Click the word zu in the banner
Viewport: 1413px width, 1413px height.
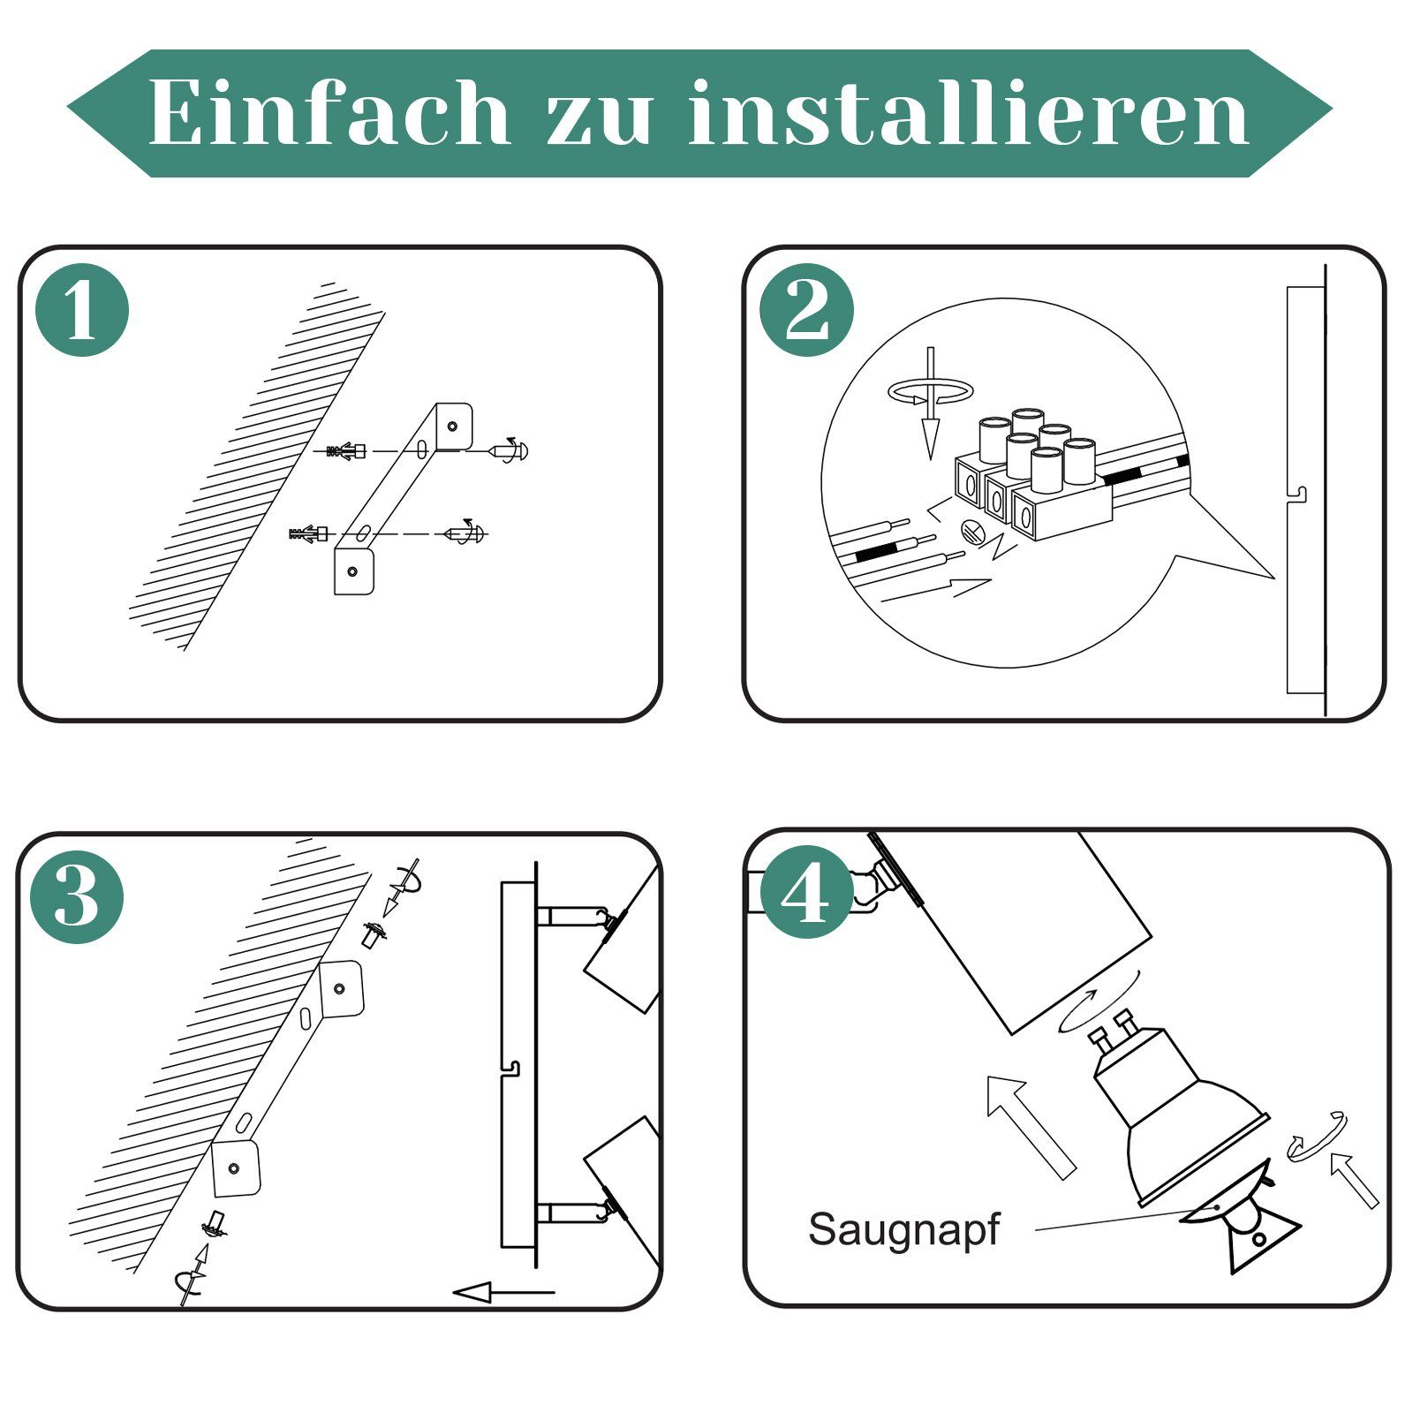tap(600, 120)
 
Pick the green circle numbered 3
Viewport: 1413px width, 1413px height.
tap(77, 896)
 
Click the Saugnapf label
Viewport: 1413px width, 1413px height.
tap(903, 1230)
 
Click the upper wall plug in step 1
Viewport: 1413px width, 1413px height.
tap(346, 451)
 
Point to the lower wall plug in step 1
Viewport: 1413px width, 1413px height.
tap(309, 533)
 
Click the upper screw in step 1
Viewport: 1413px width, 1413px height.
tap(510, 450)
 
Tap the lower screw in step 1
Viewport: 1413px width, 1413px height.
tap(465, 533)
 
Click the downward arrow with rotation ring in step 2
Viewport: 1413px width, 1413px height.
tap(930, 402)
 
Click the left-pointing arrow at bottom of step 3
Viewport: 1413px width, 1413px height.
tap(504, 1293)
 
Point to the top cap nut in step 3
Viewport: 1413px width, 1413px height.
tap(374, 934)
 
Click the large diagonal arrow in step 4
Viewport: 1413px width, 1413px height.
tap(1031, 1127)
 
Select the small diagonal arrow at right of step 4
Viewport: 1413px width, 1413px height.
tap(1354, 1180)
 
